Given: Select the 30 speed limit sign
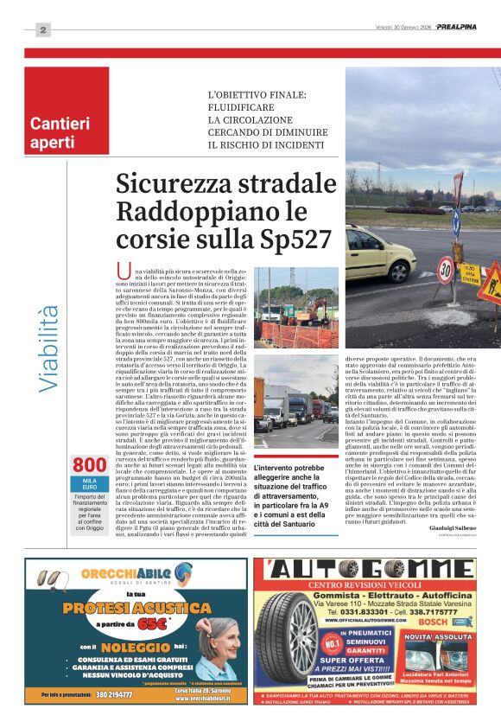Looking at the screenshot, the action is [445, 271].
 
